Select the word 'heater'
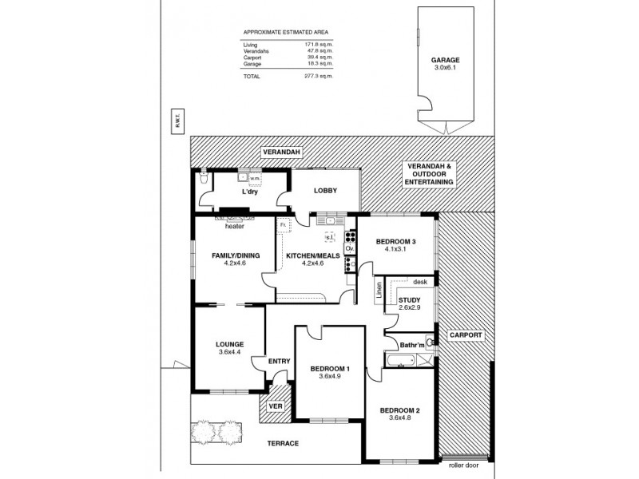coord(234,226)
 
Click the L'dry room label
coord(248,192)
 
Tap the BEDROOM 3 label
coord(397,241)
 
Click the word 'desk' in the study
coord(421,282)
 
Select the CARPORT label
coord(465,335)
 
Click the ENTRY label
coord(279,362)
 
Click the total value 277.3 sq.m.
coord(318,76)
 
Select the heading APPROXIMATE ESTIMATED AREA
coord(285,33)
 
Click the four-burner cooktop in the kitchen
coord(349,236)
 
